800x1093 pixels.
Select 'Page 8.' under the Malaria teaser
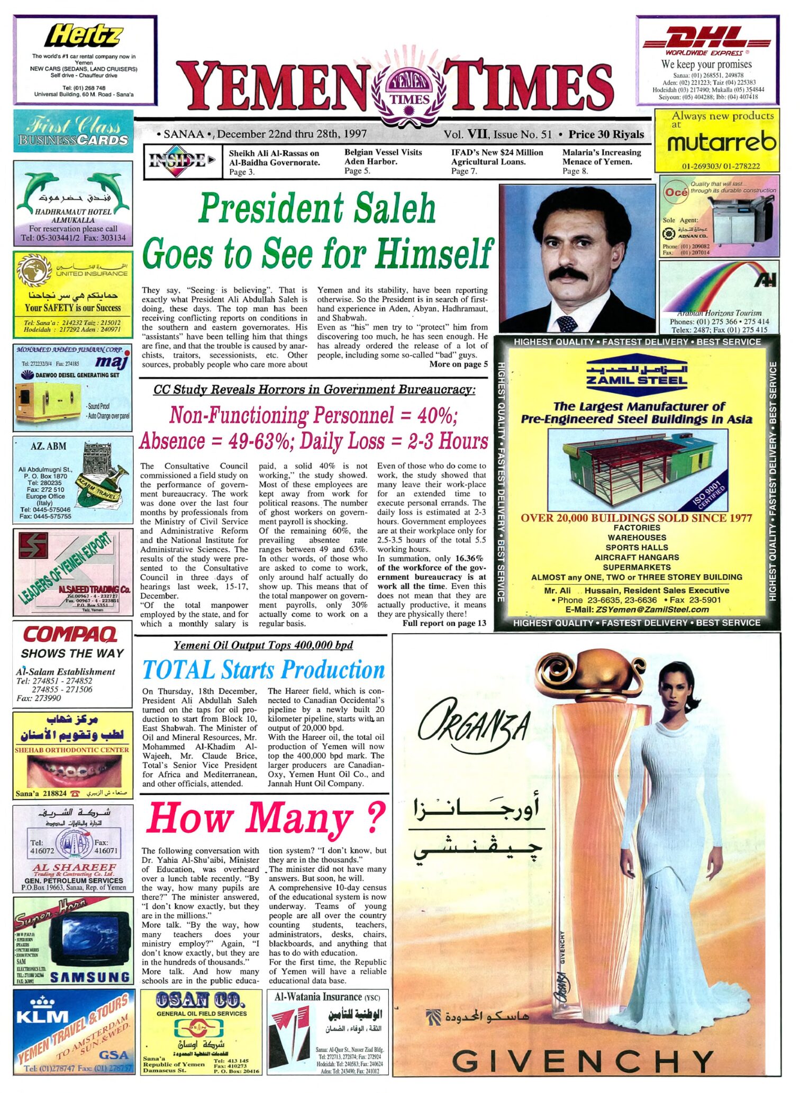(575, 171)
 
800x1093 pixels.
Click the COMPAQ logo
(70, 634)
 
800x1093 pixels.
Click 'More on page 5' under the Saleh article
(458, 365)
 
